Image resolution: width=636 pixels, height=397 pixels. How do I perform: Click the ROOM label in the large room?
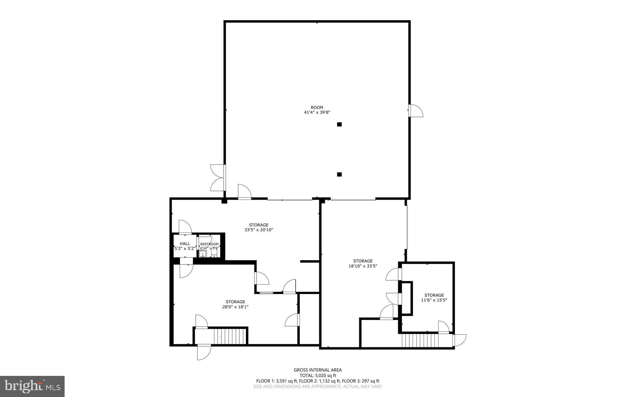pos(317,107)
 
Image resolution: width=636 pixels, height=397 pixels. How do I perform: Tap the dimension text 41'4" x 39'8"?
pos(317,113)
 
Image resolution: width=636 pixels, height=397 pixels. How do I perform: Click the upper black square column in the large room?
pos(339,124)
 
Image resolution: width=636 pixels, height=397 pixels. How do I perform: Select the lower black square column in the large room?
pos(339,174)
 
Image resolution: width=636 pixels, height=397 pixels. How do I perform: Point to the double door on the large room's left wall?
pos(218,178)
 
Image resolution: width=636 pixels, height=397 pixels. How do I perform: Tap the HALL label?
pos(184,244)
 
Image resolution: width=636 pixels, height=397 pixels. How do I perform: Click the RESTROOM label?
pos(209,244)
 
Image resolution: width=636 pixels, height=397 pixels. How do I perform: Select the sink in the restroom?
pos(203,254)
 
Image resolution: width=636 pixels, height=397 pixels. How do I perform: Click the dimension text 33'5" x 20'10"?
pos(258,230)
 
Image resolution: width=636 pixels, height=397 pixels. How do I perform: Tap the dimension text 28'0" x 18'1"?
pos(235,307)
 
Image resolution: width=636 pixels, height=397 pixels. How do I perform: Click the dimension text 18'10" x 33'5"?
pos(363,266)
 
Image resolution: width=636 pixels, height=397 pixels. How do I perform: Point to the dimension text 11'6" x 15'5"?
pos(434,300)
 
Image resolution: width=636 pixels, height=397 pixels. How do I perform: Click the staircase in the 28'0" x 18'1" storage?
pos(230,336)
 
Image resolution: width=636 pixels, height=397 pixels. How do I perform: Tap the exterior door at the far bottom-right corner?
pos(459,340)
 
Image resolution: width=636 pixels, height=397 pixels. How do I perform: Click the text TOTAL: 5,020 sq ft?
pos(317,375)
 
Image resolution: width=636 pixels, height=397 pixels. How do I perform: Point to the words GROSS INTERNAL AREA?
pos(317,370)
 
